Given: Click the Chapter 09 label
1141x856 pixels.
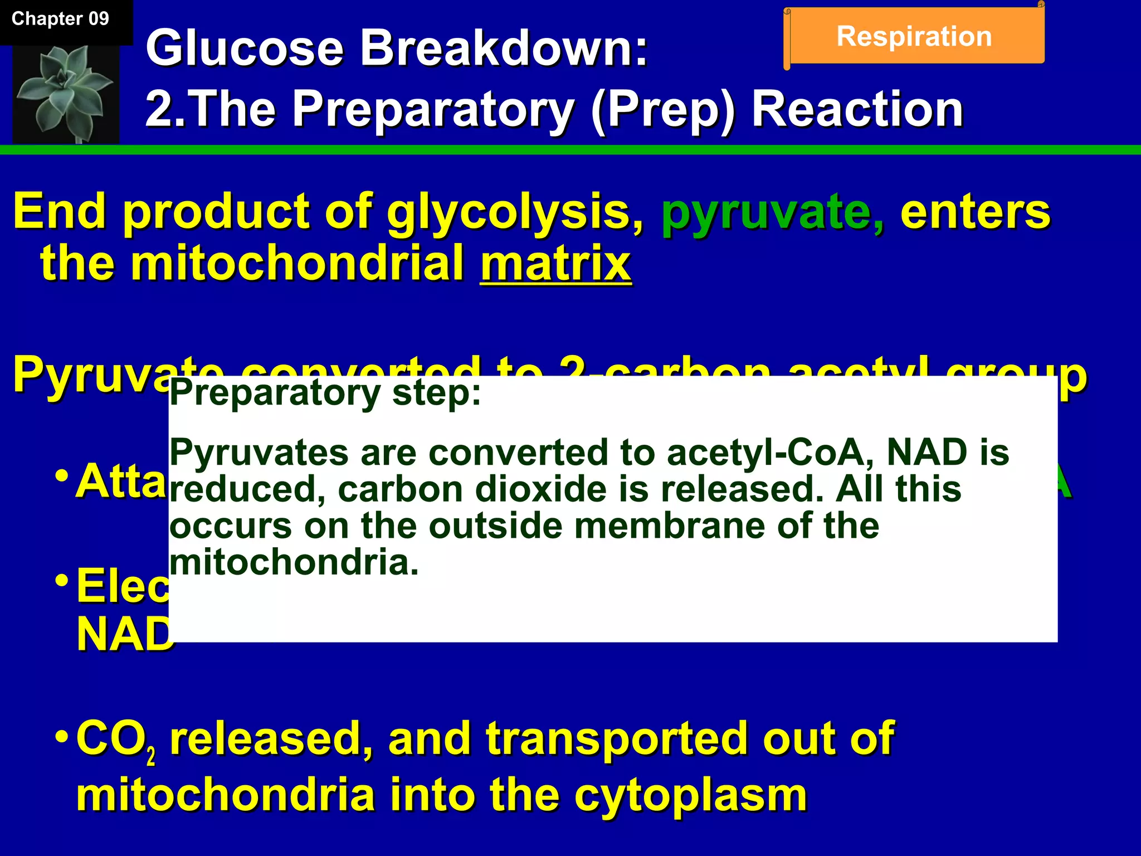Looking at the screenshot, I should (x=60, y=19).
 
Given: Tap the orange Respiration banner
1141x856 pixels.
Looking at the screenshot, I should (x=914, y=37).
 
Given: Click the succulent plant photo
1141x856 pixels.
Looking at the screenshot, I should (x=66, y=94).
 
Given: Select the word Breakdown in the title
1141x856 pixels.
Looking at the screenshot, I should (x=504, y=49).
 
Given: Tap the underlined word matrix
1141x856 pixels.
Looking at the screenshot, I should (x=555, y=264).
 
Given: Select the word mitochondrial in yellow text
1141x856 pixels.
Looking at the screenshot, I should (x=298, y=264).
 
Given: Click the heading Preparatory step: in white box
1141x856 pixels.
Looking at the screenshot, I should (x=325, y=393).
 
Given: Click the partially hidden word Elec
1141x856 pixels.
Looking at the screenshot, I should (x=123, y=587).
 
